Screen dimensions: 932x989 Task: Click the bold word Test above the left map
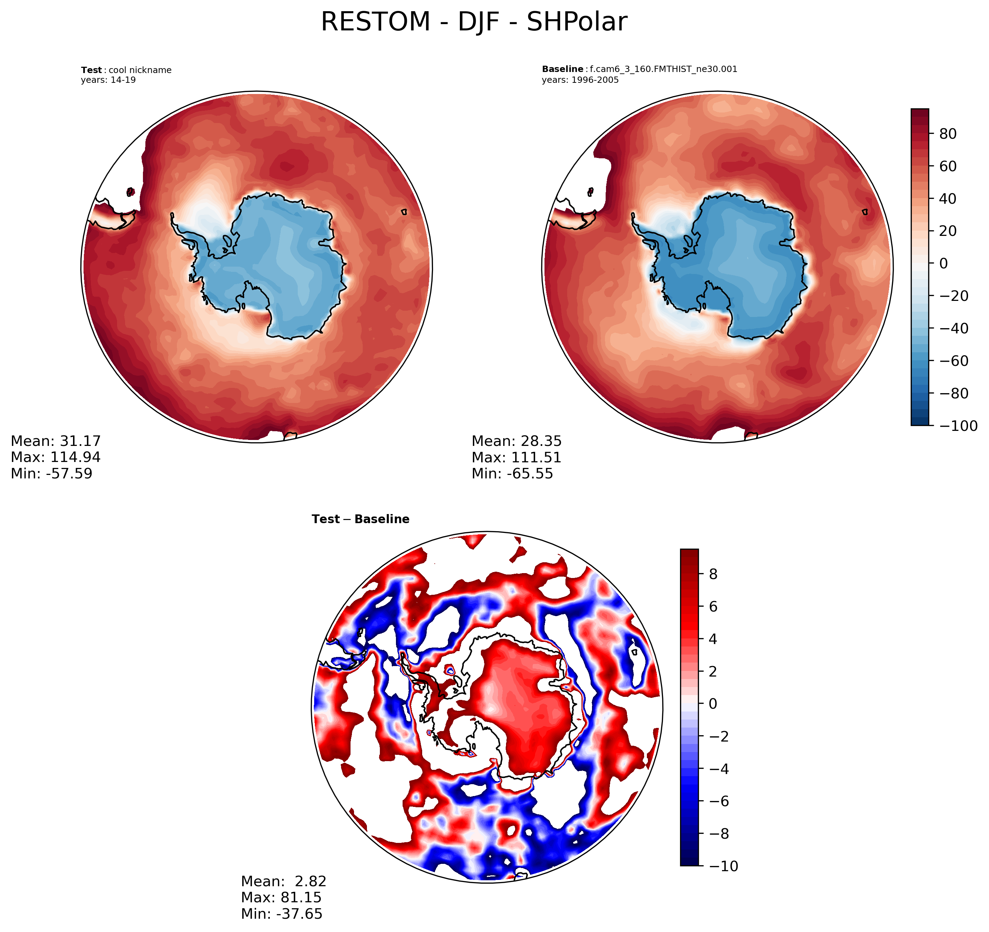click(x=92, y=70)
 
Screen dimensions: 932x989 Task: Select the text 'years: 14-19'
click(x=108, y=80)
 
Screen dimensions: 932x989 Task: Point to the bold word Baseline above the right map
click(x=562, y=69)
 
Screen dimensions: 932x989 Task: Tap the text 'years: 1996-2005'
click(x=580, y=80)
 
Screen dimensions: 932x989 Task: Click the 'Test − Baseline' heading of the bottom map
click(x=360, y=520)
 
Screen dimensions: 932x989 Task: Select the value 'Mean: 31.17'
click(x=56, y=441)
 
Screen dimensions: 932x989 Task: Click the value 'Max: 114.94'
click(x=56, y=457)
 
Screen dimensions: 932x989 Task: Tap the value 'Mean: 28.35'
click(x=517, y=441)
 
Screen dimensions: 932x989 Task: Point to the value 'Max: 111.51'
click(x=517, y=457)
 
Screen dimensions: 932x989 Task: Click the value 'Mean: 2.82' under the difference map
click(x=283, y=881)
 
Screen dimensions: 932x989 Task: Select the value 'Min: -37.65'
click(x=282, y=913)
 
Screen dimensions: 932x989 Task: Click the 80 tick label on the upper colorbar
click(x=948, y=134)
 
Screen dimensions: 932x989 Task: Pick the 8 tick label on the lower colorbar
click(x=713, y=574)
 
